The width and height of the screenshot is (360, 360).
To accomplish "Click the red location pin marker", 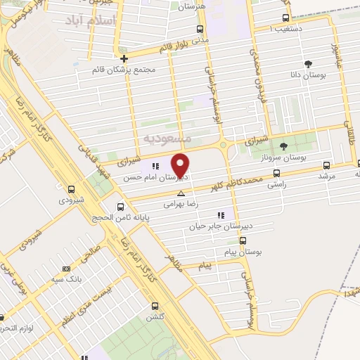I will pos(181,165).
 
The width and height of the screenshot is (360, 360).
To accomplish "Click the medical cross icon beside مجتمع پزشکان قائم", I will pos(124,58).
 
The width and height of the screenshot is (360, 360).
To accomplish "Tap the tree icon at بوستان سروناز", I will pos(283,146).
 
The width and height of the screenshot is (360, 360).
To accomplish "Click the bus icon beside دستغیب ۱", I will pos(285,18).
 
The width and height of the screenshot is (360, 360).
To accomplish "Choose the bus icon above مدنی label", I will pos(200,29).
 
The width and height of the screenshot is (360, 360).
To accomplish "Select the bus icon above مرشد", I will pos(326,166).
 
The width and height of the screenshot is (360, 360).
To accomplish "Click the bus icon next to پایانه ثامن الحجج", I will pos(121,207).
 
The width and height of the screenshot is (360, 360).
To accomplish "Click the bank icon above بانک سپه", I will pos(66,269).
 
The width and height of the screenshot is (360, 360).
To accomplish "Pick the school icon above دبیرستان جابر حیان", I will pos(221,215).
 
